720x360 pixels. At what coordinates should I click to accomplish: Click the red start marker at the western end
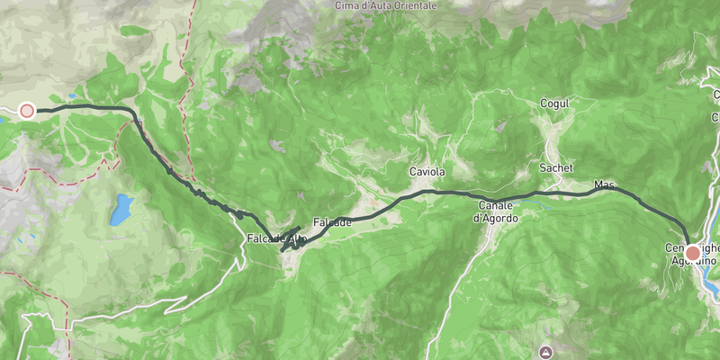27,111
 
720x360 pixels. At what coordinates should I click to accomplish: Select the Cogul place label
555,104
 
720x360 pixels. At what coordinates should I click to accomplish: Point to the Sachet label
556,168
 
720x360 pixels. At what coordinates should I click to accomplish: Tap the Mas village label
604,185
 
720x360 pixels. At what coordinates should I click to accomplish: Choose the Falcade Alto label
276,238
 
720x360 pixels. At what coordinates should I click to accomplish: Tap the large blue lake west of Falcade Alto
121,211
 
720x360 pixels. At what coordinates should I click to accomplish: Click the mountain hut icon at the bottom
545,350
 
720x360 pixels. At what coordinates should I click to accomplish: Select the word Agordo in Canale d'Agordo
496,217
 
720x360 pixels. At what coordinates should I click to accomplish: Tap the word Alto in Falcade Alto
297,238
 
